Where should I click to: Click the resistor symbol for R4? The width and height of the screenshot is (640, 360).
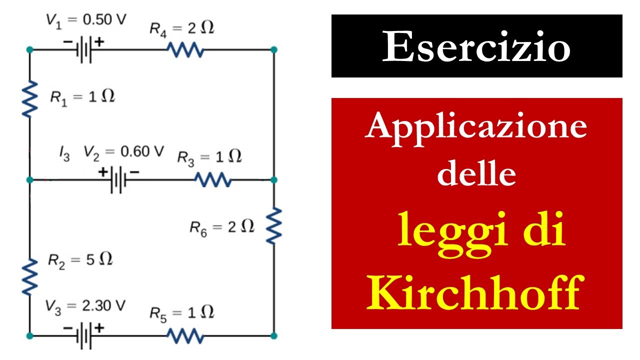point(185,49)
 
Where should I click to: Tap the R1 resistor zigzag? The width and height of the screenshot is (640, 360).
point(29,99)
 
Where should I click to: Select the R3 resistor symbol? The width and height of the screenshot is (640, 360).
point(213,179)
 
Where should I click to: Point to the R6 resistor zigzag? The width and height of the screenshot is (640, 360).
point(274,225)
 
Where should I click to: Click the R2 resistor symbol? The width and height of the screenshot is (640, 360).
point(29,276)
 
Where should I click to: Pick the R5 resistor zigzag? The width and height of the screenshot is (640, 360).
point(185,335)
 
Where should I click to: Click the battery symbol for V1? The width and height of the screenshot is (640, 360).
point(84,49)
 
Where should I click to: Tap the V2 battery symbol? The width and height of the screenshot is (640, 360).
point(118,180)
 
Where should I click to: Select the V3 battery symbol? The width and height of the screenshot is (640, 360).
point(84,335)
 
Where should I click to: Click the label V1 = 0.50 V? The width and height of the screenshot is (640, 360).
point(86,21)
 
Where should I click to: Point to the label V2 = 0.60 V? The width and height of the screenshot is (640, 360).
point(123,153)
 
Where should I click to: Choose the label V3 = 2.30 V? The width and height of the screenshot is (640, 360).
point(85,307)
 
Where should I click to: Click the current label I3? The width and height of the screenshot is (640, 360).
point(64,153)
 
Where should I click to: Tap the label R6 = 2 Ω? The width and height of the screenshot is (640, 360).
point(222,228)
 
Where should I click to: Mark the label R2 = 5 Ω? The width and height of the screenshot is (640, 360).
point(80,260)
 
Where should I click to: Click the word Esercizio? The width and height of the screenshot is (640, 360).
point(476,46)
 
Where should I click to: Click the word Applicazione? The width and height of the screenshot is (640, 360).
point(476,129)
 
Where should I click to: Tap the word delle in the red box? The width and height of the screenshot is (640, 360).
point(476,173)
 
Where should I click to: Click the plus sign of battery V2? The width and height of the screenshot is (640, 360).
point(103,172)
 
